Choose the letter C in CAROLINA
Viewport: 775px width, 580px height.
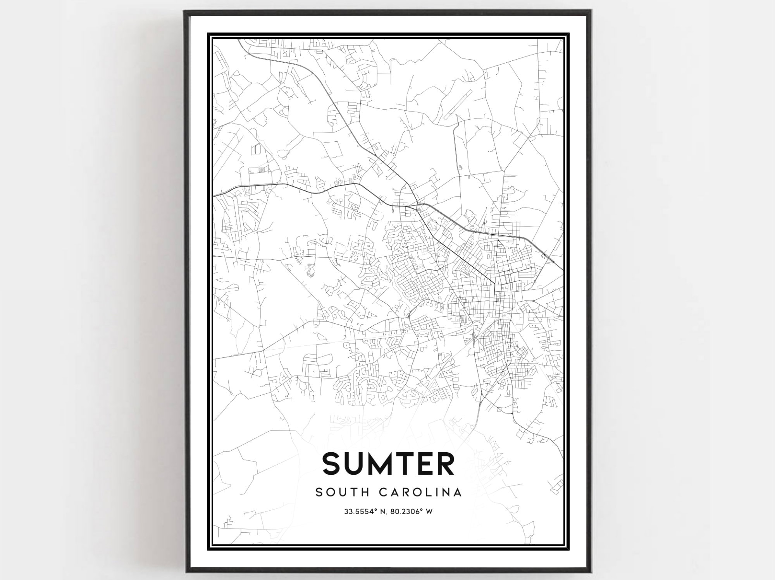tap(383, 492)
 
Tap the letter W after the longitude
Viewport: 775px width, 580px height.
tap(429, 512)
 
